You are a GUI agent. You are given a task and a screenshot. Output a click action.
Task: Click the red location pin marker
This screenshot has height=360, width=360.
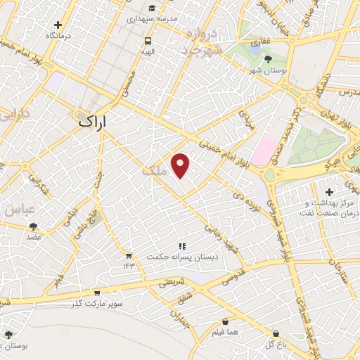[181, 164]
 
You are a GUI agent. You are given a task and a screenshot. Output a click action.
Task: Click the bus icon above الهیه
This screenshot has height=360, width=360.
[147, 41]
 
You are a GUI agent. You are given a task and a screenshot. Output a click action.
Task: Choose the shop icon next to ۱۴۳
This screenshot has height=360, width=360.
[129, 255]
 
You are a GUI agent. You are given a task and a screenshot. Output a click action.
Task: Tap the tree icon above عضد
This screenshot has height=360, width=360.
[33, 226]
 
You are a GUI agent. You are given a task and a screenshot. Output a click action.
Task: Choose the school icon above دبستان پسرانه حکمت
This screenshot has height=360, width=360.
[181, 246]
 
